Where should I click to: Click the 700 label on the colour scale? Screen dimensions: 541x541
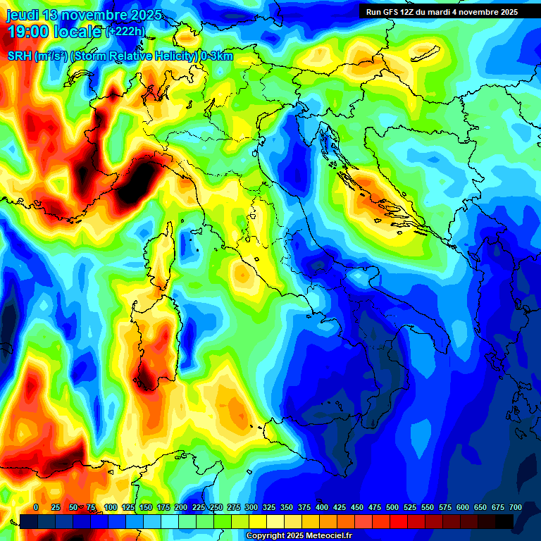click(x=515, y=507)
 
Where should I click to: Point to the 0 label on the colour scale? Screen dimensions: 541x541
click(x=36, y=507)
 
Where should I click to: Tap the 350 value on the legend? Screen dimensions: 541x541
click(x=287, y=507)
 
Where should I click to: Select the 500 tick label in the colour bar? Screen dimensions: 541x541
click(x=392, y=507)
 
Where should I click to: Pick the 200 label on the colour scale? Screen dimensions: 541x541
click(x=181, y=507)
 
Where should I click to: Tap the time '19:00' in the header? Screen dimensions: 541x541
click(x=27, y=31)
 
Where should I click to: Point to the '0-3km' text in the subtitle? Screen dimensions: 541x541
click(x=217, y=56)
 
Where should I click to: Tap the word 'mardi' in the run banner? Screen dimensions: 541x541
click(x=444, y=11)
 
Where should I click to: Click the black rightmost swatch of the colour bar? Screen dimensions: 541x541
click(x=504, y=521)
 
